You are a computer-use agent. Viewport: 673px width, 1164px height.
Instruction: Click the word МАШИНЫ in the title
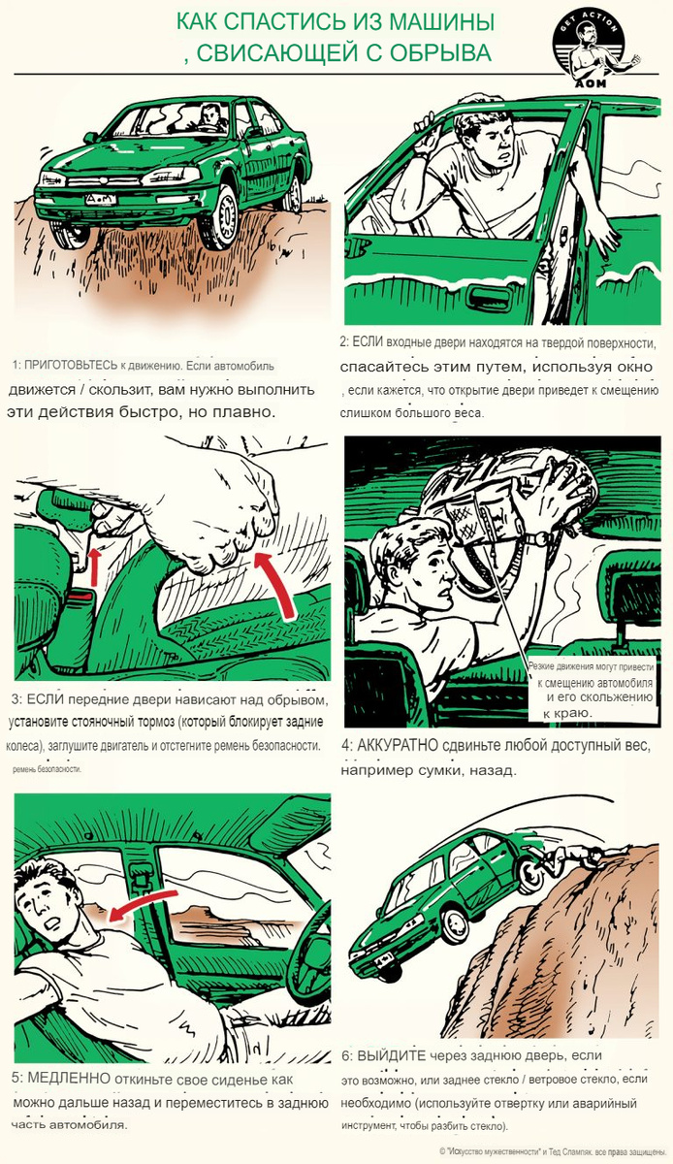442,22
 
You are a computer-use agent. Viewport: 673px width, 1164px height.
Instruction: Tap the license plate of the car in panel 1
101,199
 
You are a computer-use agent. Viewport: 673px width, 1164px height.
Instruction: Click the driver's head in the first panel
210,113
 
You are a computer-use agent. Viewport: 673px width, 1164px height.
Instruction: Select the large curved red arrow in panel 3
277,583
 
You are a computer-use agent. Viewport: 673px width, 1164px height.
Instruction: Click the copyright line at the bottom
553,1151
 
